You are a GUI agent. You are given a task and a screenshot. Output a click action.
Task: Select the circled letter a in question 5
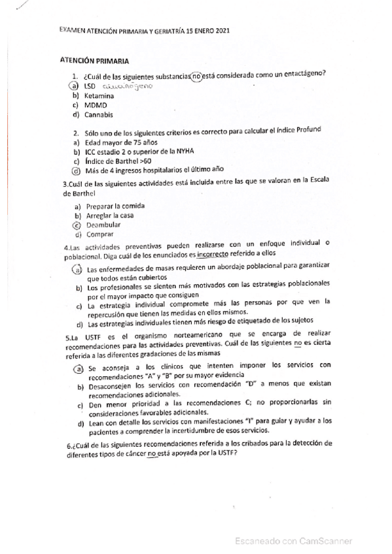[x=77, y=369]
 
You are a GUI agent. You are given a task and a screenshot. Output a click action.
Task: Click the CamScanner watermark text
[x=294, y=540]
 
